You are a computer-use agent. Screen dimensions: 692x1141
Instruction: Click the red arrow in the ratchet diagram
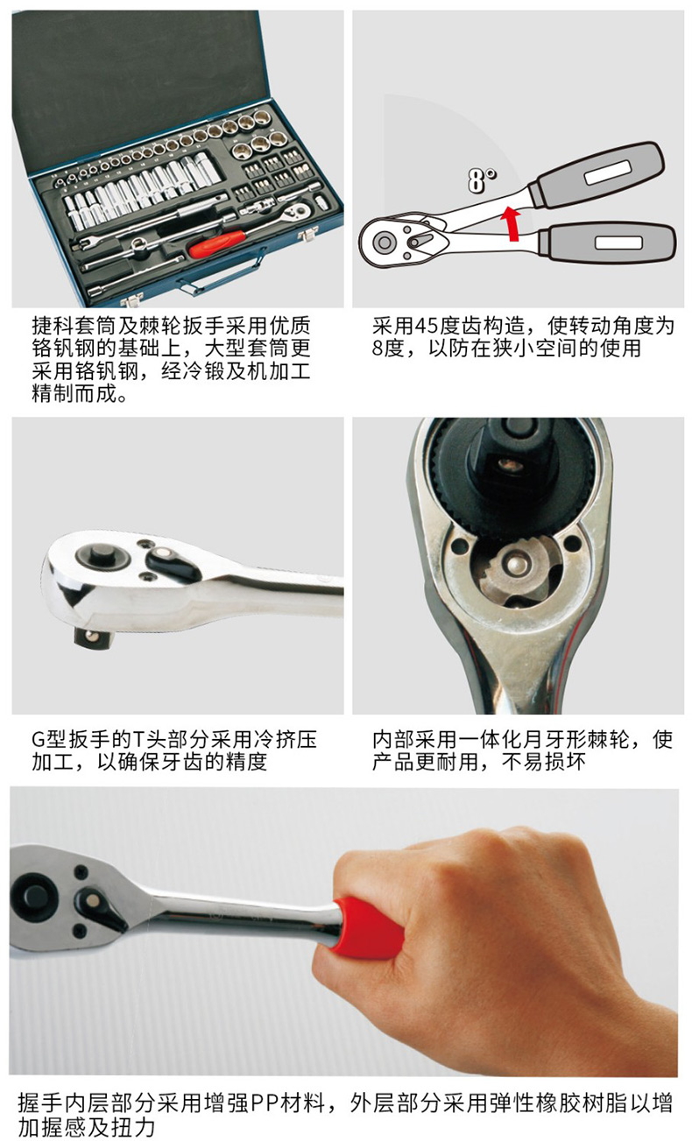pyautogui.click(x=511, y=223)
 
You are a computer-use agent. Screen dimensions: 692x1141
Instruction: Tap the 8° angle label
pyautogui.click(x=482, y=180)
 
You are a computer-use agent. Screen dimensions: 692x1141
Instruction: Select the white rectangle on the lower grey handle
pyautogui.click(x=618, y=243)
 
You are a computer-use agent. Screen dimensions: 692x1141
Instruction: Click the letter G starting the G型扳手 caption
pyautogui.click(x=39, y=740)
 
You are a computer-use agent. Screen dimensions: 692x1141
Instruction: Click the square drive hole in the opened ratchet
pyautogui.click(x=506, y=463)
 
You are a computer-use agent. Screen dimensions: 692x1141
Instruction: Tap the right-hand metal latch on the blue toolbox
pyautogui.click(x=307, y=236)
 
